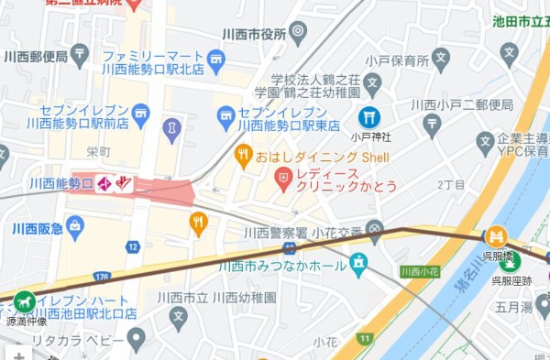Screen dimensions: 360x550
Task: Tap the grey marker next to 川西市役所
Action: point(298,34)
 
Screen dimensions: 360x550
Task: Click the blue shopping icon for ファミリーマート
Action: point(215,61)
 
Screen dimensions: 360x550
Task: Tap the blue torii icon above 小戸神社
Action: point(368,117)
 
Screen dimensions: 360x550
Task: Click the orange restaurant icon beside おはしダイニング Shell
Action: point(243,155)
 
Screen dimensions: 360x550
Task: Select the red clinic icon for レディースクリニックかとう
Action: point(283,174)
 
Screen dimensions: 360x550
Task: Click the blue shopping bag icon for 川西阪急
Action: point(74,224)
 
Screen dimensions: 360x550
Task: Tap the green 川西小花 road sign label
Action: point(420,271)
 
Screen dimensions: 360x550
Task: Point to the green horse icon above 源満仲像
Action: point(24,301)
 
